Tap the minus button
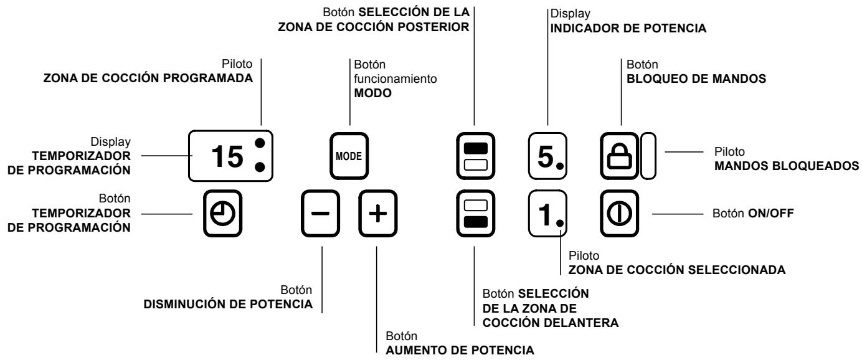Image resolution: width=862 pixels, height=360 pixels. [x=321, y=214]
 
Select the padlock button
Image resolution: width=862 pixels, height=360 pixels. [x=620, y=156]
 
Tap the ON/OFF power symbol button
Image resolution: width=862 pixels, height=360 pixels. [x=620, y=214]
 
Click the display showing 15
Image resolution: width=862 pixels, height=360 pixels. [x=230, y=156]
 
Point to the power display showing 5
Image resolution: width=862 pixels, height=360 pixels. [x=547, y=156]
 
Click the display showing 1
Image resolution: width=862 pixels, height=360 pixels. [x=547, y=214]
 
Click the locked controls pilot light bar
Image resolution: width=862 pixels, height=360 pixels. [x=648, y=156]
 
